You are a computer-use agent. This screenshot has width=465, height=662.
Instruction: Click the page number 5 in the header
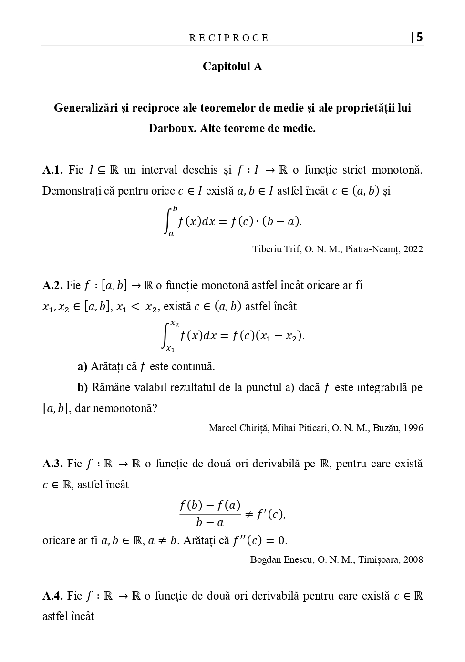pyautogui.click(x=420, y=37)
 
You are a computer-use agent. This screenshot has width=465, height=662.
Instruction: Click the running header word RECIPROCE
pyautogui.click(x=229, y=38)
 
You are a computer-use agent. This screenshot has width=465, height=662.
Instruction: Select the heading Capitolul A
pyautogui.click(x=232, y=66)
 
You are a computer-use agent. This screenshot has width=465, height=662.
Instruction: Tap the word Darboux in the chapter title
pyautogui.click(x=171, y=128)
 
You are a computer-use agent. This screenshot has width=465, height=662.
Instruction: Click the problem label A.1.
pyautogui.click(x=52, y=170)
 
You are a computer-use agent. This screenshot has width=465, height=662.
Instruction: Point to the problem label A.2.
pyautogui.click(x=52, y=285)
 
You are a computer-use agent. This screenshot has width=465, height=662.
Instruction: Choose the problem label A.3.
pyautogui.click(x=52, y=464)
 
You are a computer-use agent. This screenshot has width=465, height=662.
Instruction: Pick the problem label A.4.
pyautogui.click(x=52, y=596)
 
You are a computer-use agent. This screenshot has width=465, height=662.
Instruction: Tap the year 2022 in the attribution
pyautogui.click(x=413, y=249)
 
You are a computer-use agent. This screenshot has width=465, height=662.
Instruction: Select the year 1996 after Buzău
pyautogui.click(x=413, y=428)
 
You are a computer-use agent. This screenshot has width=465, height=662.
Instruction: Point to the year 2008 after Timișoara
pyautogui.click(x=413, y=559)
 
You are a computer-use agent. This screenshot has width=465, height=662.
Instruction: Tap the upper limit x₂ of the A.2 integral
pyautogui.click(x=175, y=324)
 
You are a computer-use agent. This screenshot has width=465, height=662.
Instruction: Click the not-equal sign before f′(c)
pyautogui.click(x=249, y=514)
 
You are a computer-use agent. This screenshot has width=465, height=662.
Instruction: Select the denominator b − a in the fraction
pyautogui.click(x=210, y=523)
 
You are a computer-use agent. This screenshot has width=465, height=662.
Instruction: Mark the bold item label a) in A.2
pyautogui.click(x=82, y=366)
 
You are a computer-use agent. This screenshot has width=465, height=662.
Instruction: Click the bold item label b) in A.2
pyautogui.click(x=83, y=387)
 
